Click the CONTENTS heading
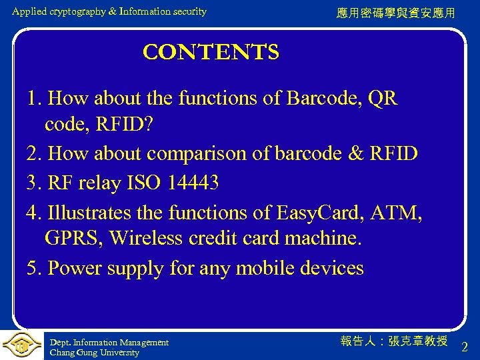point(211,52)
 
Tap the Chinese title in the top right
point(395,13)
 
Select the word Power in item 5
point(72,268)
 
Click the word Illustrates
point(93,212)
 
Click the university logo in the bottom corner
point(21,345)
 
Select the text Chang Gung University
point(94,353)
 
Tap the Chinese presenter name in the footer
point(394,341)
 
